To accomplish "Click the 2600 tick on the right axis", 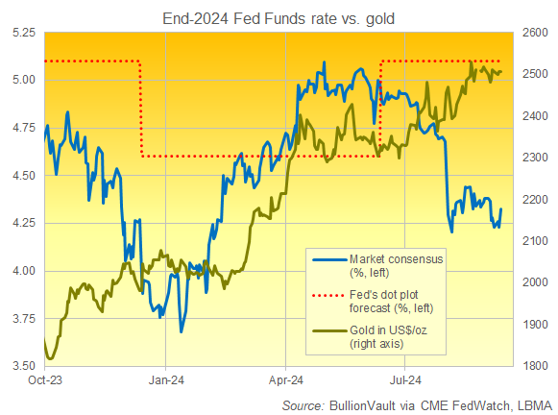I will [536, 32].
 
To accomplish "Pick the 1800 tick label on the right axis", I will [536, 366].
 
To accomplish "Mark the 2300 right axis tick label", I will [536, 158].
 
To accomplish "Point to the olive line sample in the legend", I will [328, 330].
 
